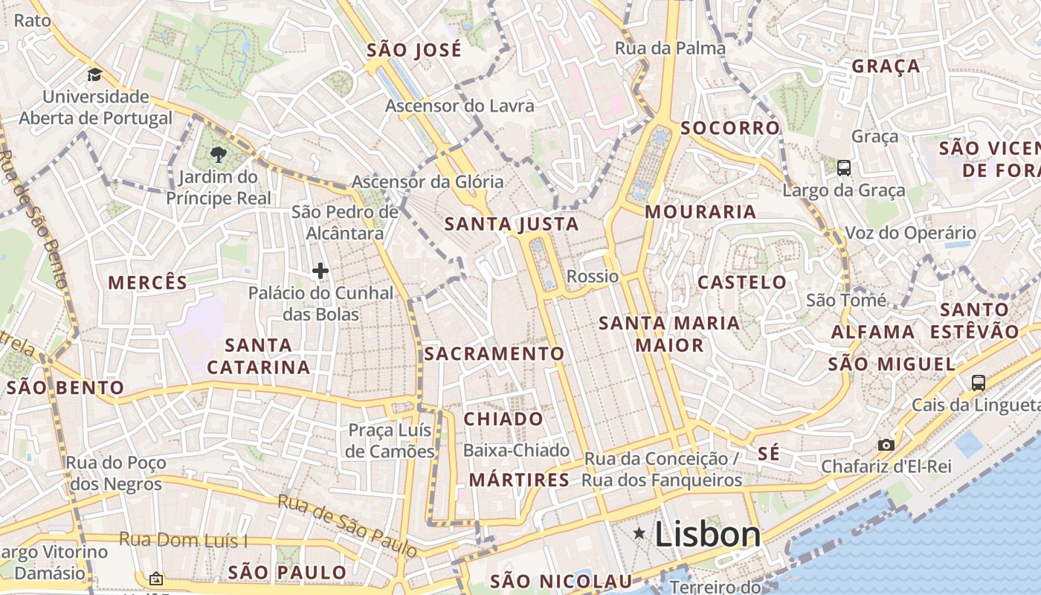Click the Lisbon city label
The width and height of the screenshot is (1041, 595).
point(707,535)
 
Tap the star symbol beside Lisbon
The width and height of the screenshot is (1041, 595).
point(639,533)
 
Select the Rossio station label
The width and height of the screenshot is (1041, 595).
point(593,277)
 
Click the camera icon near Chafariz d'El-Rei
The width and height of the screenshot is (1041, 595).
point(886,445)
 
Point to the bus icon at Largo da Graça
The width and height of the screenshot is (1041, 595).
point(844,168)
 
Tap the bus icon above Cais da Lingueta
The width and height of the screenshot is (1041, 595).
point(979,383)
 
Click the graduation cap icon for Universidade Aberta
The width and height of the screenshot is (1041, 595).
point(94,74)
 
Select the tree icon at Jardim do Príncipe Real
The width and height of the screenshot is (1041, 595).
point(218,155)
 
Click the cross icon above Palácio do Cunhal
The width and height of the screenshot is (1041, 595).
point(320,271)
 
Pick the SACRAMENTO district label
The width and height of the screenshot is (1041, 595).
point(494,353)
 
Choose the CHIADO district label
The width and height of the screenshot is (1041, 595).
point(503,419)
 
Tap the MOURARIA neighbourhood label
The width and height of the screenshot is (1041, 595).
point(700,212)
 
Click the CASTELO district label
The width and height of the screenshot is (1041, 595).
point(742,282)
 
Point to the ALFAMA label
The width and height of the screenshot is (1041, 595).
point(873,332)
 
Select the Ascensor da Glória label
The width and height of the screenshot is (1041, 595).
point(428,182)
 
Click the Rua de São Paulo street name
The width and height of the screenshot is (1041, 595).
point(348,525)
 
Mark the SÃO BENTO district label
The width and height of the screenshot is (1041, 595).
point(65,387)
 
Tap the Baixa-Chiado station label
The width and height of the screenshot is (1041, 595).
point(516,451)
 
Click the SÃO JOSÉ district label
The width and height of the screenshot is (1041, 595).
point(414,51)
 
